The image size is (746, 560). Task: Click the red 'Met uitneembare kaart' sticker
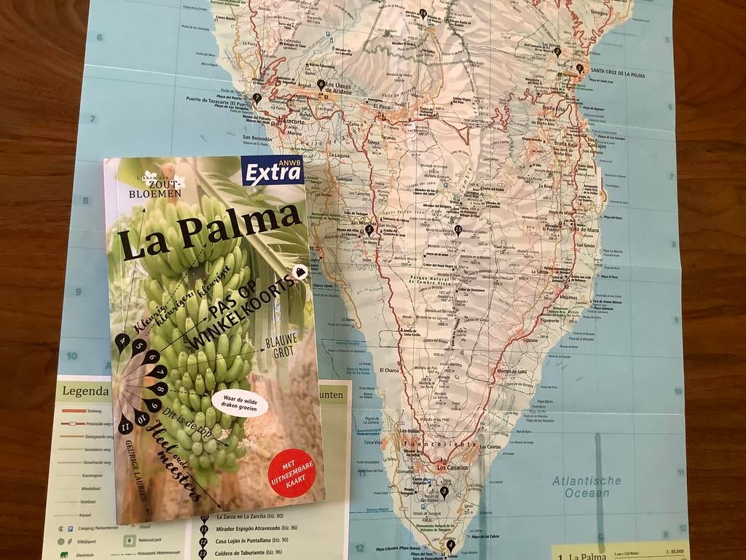click(x=291, y=472)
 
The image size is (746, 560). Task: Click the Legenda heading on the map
click(x=85, y=392)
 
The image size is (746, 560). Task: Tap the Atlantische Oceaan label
click(x=586, y=486)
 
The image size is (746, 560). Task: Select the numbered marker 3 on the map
click(x=444, y=491)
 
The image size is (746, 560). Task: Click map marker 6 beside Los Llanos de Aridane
click(x=321, y=85)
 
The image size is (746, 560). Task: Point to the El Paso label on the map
click(x=382, y=105)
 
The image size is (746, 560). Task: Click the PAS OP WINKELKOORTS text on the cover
click(x=244, y=311)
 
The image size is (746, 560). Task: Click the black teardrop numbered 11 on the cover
click(x=125, y=421)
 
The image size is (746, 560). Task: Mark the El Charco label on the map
click(x=389, y=370)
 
